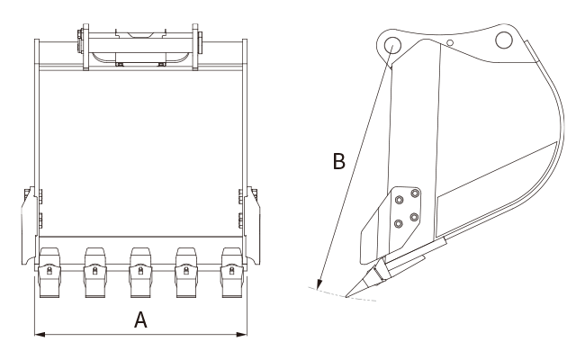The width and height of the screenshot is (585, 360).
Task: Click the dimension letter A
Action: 140,319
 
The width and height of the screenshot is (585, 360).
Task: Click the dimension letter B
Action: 338,161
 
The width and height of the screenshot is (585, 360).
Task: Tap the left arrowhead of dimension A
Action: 40,334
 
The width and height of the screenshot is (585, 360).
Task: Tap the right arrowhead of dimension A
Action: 242,334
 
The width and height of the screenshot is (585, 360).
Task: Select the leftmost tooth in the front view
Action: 49,272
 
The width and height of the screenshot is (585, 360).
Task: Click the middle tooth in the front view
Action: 140,272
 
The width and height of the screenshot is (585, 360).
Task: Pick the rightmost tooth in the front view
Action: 232,272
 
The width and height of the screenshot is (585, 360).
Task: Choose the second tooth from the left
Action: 95,272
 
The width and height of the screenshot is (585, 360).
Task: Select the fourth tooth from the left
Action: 186,272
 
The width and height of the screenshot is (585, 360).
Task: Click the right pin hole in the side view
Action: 504,40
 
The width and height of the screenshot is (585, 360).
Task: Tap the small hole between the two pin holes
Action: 450,43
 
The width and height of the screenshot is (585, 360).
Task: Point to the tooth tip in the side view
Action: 346,297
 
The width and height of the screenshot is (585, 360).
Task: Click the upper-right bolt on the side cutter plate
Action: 415,193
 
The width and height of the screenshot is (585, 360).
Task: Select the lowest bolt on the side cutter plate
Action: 399,224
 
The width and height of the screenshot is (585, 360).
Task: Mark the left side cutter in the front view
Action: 30,226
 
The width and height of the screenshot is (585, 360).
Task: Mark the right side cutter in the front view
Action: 252,226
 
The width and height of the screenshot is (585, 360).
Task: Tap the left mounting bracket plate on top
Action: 85,47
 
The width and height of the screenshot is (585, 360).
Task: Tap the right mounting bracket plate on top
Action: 195,47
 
